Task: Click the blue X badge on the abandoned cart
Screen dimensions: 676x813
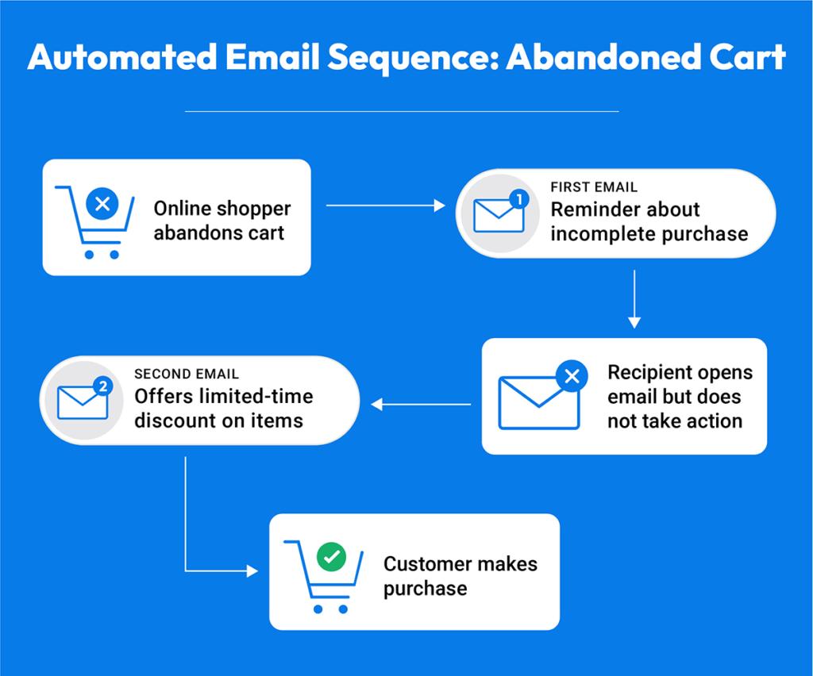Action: pyautogui.click(x=101, y=205)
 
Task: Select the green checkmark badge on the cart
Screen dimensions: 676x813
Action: pyautogui.click(x=329, y=558)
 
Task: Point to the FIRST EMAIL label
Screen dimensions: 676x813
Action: pyautogui.click(x=594, y=188)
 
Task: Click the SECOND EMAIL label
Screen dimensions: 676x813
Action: pyautogui.click(x=187, y=374)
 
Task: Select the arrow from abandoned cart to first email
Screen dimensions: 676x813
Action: pyautogui.click(x=385, y=206)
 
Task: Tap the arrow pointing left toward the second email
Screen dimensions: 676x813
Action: pyautogui.click(x=421, y=405)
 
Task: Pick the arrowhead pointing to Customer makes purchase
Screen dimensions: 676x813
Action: pyautogui.click(x=253, y=570)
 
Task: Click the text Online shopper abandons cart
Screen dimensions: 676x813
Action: pyautogui.click(x=222, y=221)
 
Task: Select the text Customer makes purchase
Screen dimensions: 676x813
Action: pyautogui.click(x=460, y=575)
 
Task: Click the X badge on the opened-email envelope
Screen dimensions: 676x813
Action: pyautogui.click(x=571, y=376)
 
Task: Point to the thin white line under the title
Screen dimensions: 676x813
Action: pyautogui.click(x=402, y=112)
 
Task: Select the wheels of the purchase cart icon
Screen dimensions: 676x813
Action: pyautogui.click(x=330, y=609)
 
